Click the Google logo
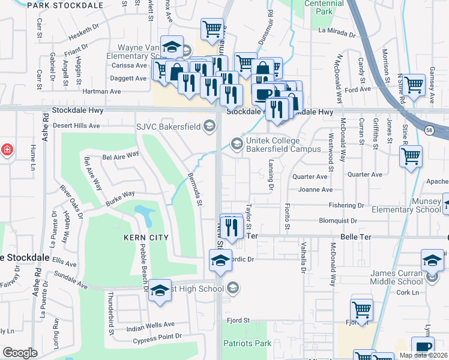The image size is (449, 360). pyautogui.click(x=20, y=353)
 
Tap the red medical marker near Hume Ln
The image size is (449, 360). pyautogui.click(x=6, y=149)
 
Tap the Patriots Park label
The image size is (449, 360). pyautogui.click(x=247, y=344)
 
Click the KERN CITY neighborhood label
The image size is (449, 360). pyautogui.click(x=145, y=238)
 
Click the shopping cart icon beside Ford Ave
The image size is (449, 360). pyautogui.click(x=414, y=85)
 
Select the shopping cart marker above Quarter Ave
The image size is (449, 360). pyautogui.click(x=411, y=156)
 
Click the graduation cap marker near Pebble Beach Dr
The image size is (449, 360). pyautogui.click(x=160, y=290)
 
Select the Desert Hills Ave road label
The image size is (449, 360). pyautogui.click(x=76, y=126)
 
